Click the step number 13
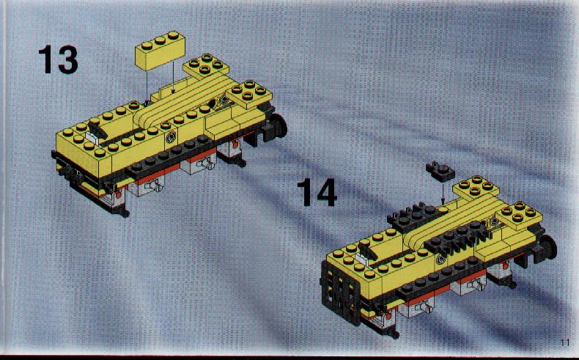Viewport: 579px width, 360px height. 59,59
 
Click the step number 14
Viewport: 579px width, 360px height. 317,192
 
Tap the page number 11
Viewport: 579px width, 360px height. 565,342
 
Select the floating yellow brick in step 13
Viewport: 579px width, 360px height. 161,51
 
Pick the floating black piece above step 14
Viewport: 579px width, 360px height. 440,172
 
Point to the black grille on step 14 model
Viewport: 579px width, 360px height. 341,293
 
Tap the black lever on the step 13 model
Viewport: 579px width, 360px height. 97,130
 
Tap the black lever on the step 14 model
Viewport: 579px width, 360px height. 367,251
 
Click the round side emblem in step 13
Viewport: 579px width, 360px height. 171,137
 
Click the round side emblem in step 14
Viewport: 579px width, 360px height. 441,260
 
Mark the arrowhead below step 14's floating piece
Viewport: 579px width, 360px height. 443,202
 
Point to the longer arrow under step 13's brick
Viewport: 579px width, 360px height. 173,76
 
